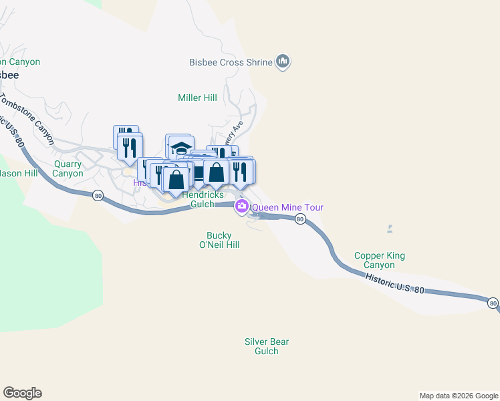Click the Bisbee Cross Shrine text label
231,63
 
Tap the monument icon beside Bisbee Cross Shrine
283,62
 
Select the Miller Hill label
197,98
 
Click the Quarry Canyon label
68,168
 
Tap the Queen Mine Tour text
287,207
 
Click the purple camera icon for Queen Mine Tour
241,207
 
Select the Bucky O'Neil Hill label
223,240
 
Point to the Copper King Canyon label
379,260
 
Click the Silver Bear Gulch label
267,346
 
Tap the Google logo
22,393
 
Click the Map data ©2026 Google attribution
458,396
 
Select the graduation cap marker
180,147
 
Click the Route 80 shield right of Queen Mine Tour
300,219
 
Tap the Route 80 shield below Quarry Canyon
98,196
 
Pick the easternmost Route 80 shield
493,303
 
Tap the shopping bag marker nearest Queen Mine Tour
217,172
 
